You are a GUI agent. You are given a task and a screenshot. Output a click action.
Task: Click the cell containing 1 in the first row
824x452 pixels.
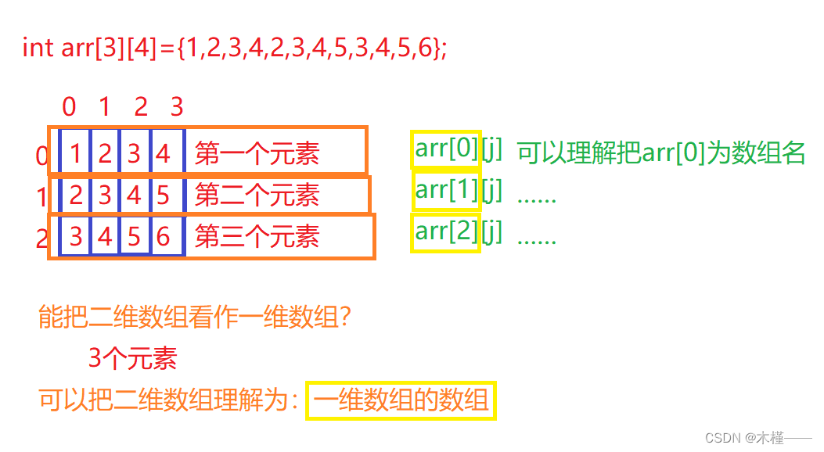(75, 153)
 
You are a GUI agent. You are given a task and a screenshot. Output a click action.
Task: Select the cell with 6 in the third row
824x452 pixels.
(164, 236)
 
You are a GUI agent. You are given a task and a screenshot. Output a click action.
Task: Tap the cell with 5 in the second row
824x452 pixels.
(164, 195)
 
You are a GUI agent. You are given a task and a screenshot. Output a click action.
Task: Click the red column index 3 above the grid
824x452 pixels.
(177, 106)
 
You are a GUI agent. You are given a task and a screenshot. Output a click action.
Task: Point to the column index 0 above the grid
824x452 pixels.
(69, 106)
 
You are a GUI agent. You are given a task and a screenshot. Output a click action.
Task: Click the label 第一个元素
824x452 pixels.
(257, 153)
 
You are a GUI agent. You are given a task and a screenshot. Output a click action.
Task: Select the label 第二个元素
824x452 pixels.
(257, 195)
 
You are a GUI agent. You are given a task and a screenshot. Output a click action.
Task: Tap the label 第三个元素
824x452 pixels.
(257, 236)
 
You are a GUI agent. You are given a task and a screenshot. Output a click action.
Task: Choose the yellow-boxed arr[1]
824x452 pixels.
(446, 191)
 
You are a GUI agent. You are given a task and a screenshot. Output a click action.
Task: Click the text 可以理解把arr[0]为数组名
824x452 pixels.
(661, 153)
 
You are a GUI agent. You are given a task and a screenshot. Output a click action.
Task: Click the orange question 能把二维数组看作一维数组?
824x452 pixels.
(194, 318)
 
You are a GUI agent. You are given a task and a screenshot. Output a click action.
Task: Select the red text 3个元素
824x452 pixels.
(133, 359)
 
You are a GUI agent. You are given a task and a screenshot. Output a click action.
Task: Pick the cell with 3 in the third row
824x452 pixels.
(75, 236)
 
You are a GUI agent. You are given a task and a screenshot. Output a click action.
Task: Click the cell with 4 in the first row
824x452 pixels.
(164, 153)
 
